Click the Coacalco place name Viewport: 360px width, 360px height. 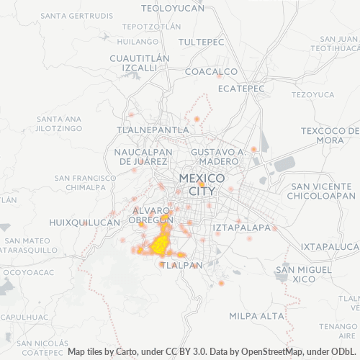[211, 71]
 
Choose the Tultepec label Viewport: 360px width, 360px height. [202, 42]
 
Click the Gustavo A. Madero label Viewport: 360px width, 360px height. [219, 156]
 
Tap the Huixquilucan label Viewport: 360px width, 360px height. [84, 223]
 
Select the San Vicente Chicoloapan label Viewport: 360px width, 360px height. [323, 190]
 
